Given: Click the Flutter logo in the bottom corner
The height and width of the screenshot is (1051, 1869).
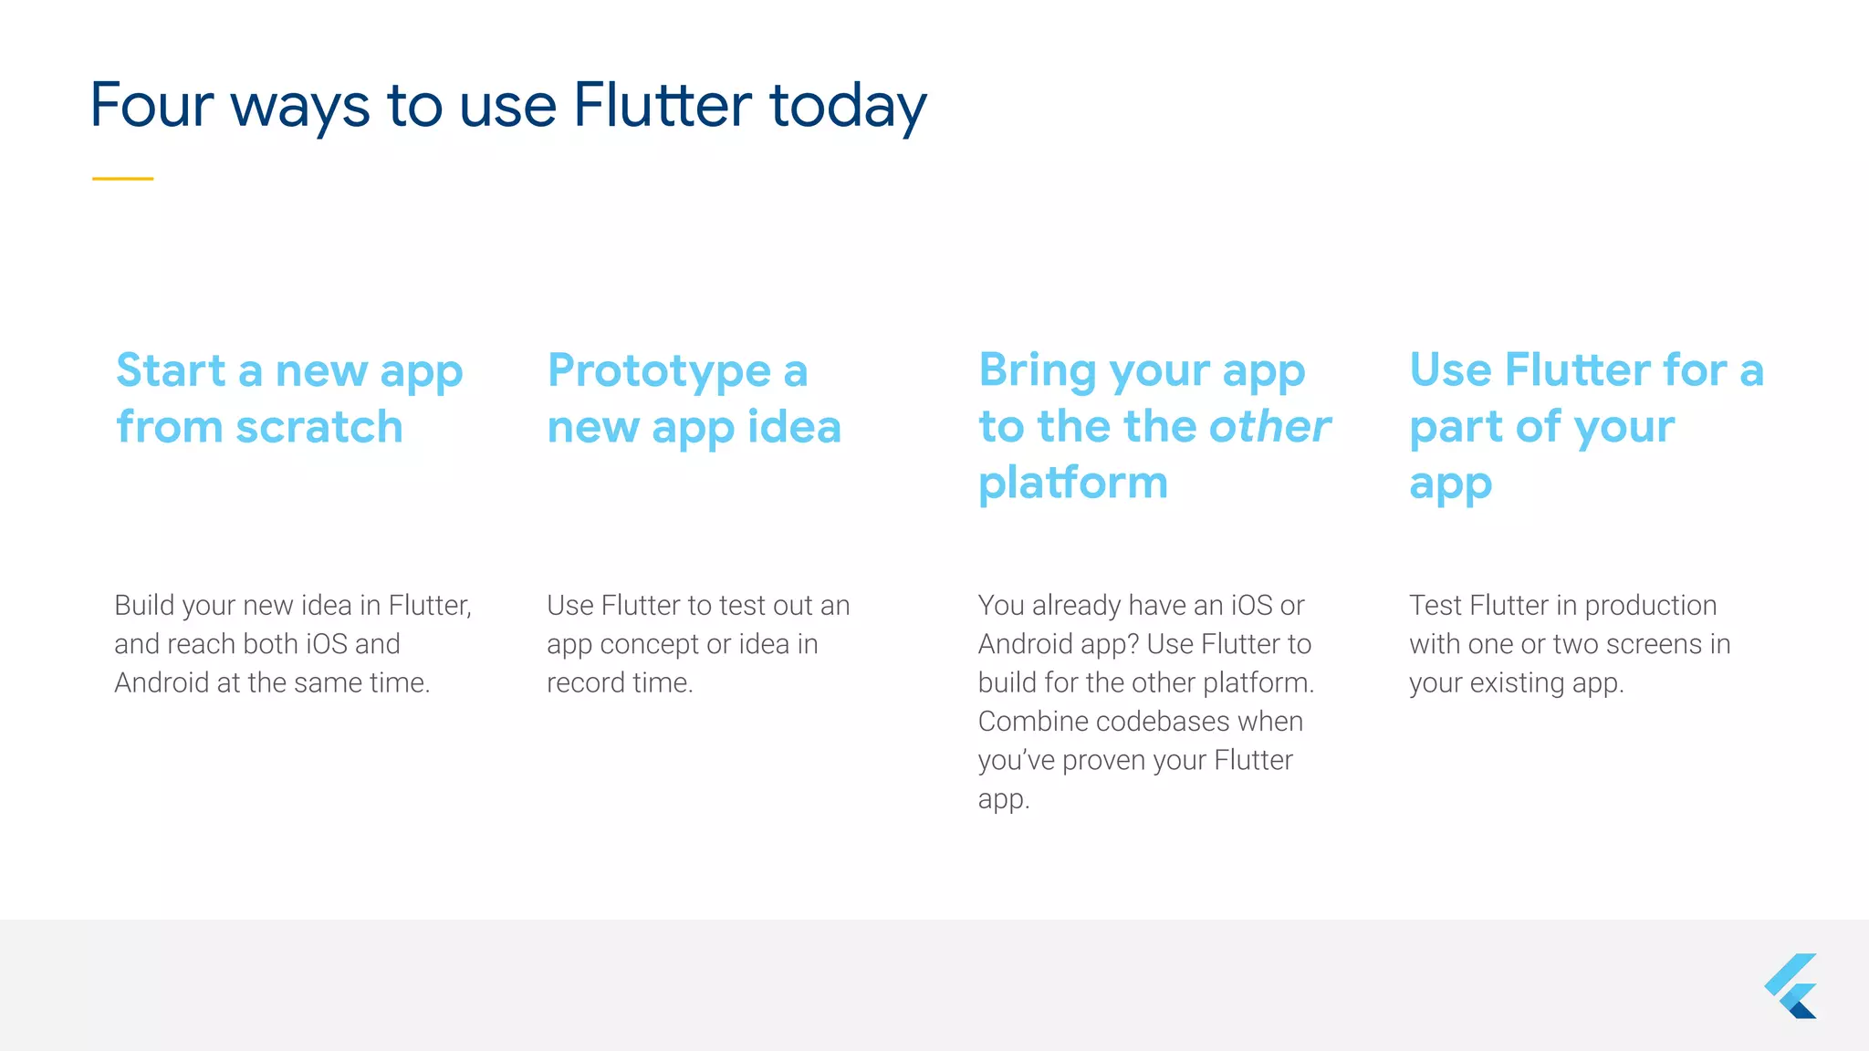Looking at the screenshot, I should point(1791,986).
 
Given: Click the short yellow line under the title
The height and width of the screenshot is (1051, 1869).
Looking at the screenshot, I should point(122,179).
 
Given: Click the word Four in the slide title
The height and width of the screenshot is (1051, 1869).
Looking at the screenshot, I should point(151,106).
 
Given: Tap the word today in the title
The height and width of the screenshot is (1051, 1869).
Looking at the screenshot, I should point(848,106).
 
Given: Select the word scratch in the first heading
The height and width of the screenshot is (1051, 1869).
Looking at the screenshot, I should point(318,427).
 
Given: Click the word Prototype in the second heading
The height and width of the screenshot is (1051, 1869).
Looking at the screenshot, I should point(659,371).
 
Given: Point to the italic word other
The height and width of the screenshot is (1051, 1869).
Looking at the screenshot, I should point(1269,426).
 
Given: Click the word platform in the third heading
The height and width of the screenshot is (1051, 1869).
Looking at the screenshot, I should point(1072,482).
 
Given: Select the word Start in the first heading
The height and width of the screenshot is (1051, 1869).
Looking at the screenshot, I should point(171,370).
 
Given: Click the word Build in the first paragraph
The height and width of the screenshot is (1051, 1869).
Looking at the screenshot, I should point(143,605).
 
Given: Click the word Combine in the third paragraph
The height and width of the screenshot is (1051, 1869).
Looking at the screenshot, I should point(1032,721).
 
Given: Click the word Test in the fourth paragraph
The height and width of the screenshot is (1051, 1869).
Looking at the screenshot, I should point(1436,605).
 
